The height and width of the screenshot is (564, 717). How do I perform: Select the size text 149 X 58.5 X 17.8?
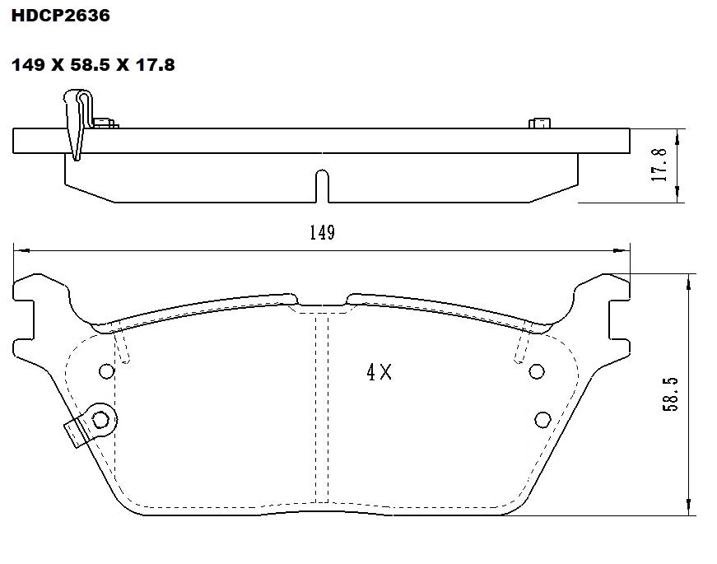pos(92,63)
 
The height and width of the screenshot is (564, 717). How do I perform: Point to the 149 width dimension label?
pos(322,233)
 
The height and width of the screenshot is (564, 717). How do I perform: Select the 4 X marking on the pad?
pos(379,372)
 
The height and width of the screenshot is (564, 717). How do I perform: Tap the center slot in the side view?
pos(322,186)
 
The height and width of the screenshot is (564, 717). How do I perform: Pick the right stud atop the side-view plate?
pos(540,124)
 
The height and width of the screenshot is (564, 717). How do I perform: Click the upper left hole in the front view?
pos(105,371)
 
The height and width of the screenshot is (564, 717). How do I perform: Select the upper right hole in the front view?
pos(537,371)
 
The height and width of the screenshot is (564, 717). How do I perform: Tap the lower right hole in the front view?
pos(542,417)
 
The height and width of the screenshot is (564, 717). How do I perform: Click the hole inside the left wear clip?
pos(100,419)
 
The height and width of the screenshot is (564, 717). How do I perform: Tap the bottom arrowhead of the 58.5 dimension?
pos(688,510)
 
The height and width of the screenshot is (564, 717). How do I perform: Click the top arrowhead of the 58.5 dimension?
pos(688,279)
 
